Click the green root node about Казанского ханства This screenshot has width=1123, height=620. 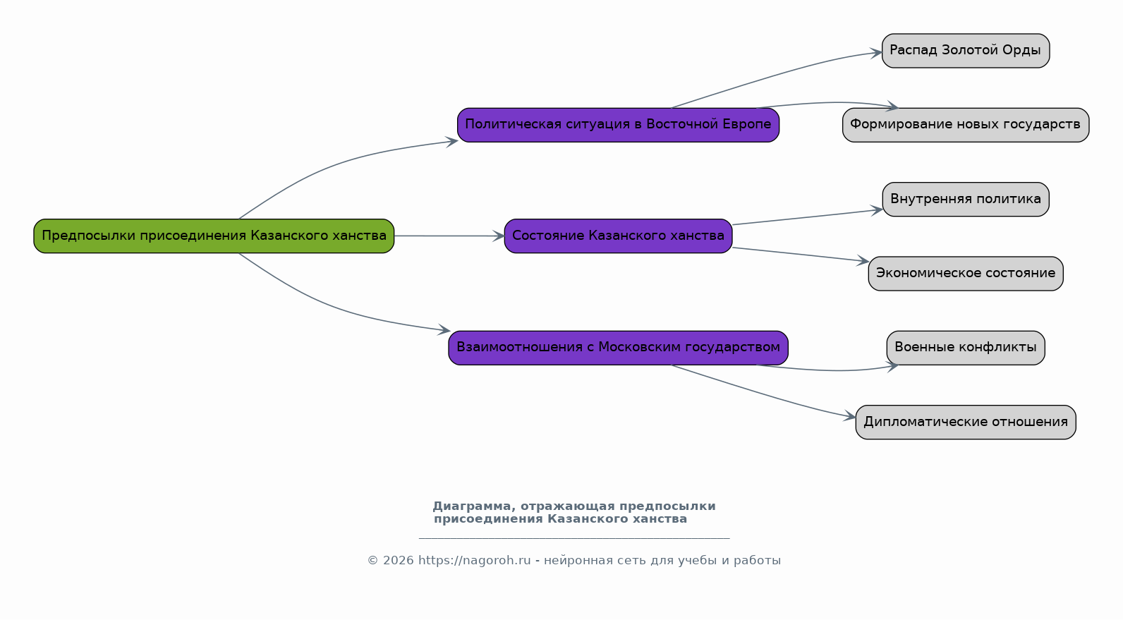pos(214,236)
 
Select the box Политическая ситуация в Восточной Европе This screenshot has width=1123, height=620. pos(618,125)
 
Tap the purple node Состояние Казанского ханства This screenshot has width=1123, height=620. pos(618,236)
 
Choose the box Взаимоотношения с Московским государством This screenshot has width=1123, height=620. pos(618,347)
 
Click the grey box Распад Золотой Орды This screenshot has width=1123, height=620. pos(966,51)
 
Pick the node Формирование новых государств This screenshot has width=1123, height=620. pos(966,125)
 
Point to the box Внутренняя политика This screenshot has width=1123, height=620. pos(966,199)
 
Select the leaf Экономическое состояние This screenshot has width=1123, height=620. pos(966,273)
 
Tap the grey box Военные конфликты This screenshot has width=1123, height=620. pos(966,347)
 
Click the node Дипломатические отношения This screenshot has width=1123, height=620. pos(966,422)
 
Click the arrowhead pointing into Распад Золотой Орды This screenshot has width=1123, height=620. pos(875,53)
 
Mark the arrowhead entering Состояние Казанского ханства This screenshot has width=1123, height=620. pos(498,236)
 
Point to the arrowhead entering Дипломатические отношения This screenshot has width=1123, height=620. pos(849,415)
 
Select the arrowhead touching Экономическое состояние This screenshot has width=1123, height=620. pos(862,260)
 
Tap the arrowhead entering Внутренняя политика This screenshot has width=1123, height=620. pos(876,210)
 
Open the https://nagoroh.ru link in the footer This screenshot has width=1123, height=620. pos(474,560)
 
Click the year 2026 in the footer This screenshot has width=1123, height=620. pos(399,560)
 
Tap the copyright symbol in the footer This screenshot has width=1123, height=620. pos(373,560)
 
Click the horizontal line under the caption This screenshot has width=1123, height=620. pos(574,538)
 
